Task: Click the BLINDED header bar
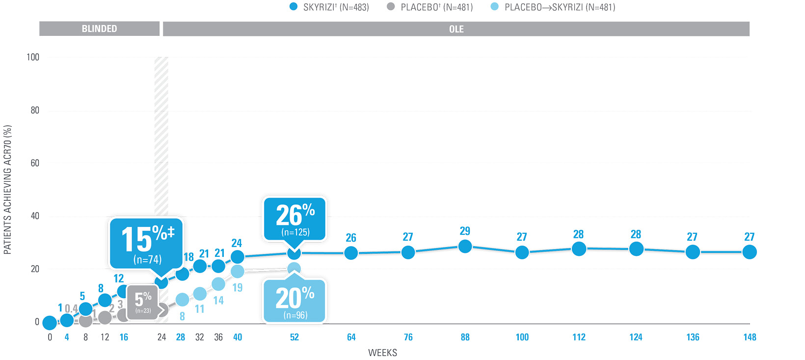click(x=99, y=29)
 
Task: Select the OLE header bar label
click(x=456, y=29)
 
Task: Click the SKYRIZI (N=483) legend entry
click(x=329, y=7)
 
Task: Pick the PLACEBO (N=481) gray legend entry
click(x=430, y=7)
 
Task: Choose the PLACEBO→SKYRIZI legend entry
click(x=553, y=7)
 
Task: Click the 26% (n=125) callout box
click(x=295, y=219)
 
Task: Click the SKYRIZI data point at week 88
click(x=465, y=246)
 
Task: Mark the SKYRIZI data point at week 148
click(x=750, y=252)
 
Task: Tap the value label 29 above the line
click(x=465, y=231)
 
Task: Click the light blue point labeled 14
click(x=218, y=284)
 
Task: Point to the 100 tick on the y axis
click(x=33, y=57)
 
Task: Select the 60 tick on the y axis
click(x=35, y=163)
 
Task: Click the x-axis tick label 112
click(x=579, y=337)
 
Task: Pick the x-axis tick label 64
click(x=351, y=337)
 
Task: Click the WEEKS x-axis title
click(x=382, y=353)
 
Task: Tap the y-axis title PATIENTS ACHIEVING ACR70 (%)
click(x=7, y=190)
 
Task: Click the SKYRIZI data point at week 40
click(x=238, y=256)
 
